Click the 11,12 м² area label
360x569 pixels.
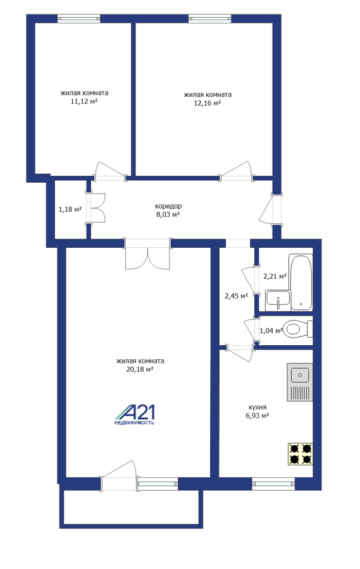coord(84,102)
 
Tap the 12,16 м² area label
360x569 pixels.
coord(208,103)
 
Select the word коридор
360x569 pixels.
coord(168,206)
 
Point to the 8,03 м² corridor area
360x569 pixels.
coord(168,214)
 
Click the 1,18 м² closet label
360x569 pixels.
coord(70,209)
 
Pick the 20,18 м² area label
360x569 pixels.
coord(140,369)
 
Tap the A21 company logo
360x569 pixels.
coord(135,414)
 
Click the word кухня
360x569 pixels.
coord(258,407)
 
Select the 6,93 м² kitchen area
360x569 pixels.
coord(258,415)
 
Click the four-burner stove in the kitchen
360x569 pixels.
coord(301,454)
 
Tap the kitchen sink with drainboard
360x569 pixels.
coord(300,382)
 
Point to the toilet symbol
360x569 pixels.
coord(298,329)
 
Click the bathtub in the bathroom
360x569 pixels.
coord(301,282)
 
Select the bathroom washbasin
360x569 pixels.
coord(278,300)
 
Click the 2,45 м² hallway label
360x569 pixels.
coord(236,296)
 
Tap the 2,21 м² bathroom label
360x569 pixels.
coord(275,276)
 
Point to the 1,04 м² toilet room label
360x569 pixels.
coord(271,331)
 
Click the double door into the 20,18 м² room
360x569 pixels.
coord(148,254)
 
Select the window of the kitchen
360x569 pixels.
coord(273,484)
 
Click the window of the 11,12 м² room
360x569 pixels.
coord(79,18)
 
